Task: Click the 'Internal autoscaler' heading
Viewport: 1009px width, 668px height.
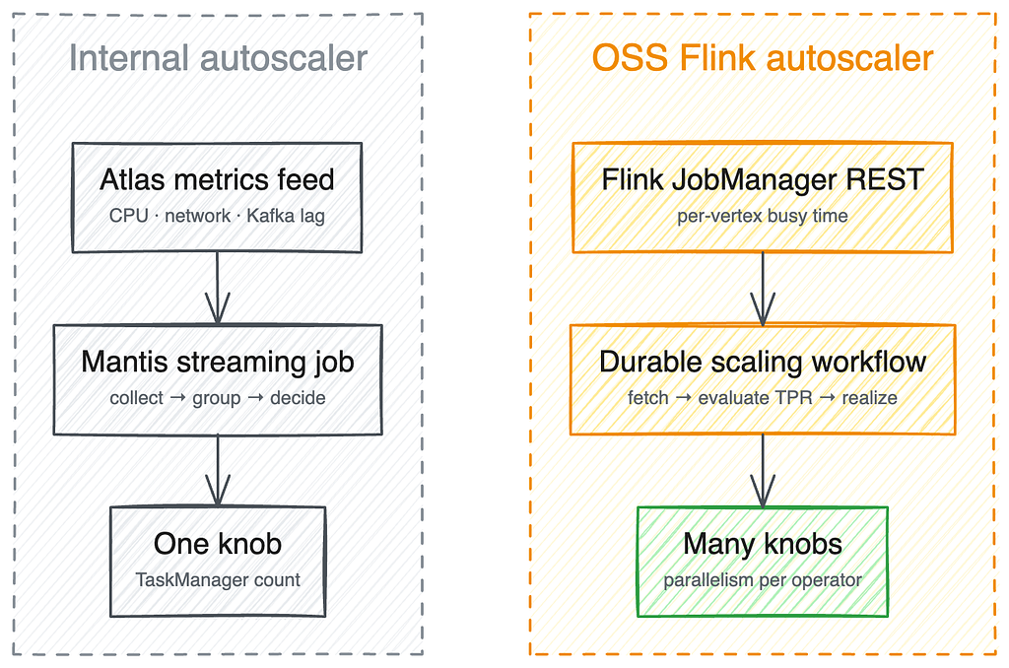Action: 218,58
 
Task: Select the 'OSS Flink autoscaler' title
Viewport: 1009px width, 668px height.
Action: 763,58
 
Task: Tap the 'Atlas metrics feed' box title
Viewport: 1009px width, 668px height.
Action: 217,179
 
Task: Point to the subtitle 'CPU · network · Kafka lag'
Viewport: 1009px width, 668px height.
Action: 217,216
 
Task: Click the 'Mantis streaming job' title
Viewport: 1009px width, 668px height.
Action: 218,362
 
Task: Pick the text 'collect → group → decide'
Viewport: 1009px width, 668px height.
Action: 218,398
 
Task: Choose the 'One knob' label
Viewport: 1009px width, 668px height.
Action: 218,544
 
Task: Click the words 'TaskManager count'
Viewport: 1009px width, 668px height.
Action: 218,580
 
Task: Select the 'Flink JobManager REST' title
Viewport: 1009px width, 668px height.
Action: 763,179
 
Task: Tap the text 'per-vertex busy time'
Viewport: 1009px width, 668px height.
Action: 763,216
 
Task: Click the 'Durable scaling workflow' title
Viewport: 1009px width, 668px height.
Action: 763,362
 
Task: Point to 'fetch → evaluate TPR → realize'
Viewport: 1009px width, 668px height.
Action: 763,398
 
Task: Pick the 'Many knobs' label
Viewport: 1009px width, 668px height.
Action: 763,544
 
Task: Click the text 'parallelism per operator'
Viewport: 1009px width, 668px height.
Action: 763,580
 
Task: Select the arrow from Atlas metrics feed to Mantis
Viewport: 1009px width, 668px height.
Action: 218,288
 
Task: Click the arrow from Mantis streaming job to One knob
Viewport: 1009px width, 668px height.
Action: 218,470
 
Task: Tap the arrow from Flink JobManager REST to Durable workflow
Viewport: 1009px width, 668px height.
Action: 763,289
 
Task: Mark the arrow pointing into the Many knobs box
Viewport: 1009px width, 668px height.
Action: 763,470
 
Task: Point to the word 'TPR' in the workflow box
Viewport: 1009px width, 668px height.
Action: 795,398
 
